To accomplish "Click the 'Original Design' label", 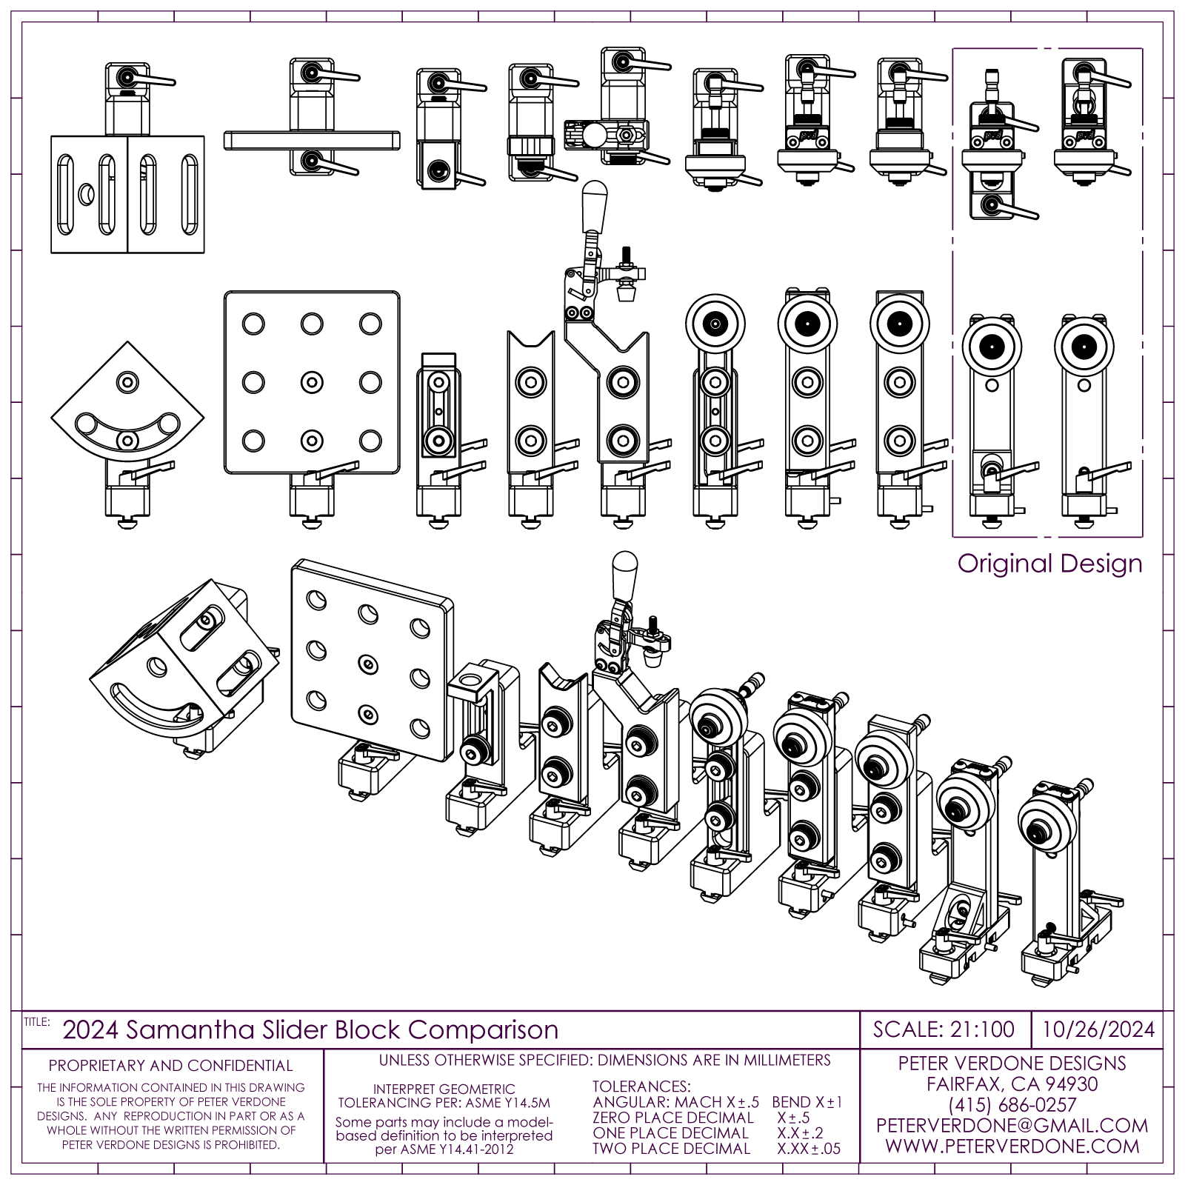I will coord(1049,564).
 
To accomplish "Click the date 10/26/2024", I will coord(1098,1029).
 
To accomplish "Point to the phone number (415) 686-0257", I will coord(1012,1105).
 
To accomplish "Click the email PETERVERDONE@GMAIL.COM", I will coord(1012,1126).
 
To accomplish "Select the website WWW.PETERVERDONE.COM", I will coord(1012,1146).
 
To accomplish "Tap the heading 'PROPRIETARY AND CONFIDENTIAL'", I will coord(170,1066).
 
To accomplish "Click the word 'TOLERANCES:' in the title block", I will coord(641,1086).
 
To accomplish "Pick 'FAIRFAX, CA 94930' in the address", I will coord(1012,1084).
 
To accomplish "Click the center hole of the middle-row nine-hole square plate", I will coord(312,382).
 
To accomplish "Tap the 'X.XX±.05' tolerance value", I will coord(809,1149).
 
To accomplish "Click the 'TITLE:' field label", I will coord(36,1021).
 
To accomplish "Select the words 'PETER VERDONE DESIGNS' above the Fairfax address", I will coord(1012,1064).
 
